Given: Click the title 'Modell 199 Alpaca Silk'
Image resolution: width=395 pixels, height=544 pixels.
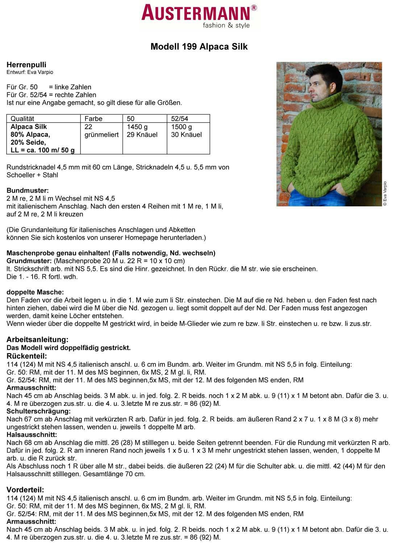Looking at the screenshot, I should click(x=199, y=47).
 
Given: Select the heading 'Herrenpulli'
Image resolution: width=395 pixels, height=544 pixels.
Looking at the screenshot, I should click(x=26, y=65).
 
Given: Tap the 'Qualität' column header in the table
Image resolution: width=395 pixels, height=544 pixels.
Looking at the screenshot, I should click(x=22, y=119).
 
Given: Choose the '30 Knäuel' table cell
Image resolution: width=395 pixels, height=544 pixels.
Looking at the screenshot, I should click(x=186, y=135).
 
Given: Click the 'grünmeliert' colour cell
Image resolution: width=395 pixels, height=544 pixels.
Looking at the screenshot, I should click(x=101, y=135).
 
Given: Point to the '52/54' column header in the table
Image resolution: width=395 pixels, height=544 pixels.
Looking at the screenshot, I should click(x=179, y=119).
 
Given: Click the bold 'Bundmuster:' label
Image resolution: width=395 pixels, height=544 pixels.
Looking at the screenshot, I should click(x=28, y=190).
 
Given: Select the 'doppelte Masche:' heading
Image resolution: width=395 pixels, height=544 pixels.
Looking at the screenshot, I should click(x=35, y=292).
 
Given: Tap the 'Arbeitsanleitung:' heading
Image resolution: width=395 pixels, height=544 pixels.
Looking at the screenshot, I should click(x=37, y=340).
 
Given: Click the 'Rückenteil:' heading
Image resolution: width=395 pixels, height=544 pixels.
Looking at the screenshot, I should click(x=27, y=356).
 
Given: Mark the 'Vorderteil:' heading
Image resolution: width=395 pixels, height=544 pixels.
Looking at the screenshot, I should click(x=25, y=490).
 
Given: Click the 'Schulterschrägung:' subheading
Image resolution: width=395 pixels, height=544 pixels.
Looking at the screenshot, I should click(x=38, y=411).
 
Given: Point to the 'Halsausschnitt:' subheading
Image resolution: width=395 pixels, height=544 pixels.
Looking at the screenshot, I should click(x=32, y=434).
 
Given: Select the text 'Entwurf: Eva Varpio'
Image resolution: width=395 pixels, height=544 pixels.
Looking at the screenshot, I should click(x=30, y=72).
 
